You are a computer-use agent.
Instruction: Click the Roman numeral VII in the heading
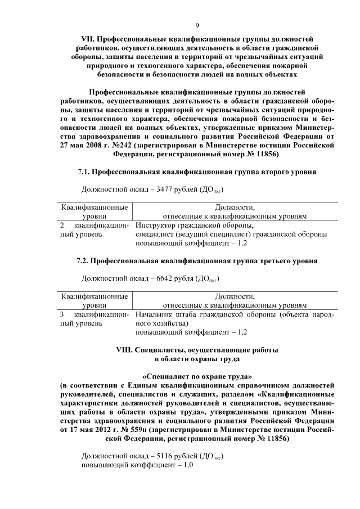click(x=88, y=39)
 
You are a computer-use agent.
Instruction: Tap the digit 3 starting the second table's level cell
click(x=62, y=314)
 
